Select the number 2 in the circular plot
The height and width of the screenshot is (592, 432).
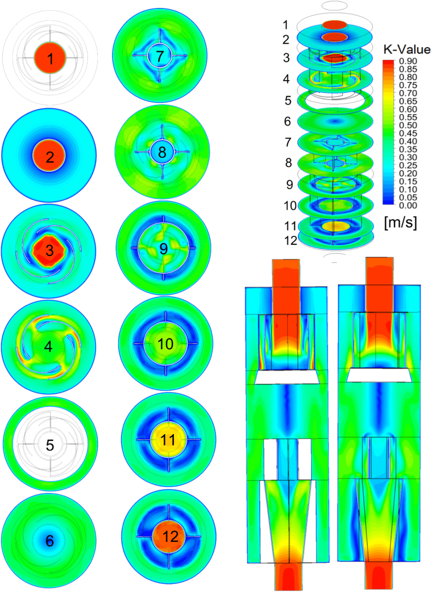coord(50,157)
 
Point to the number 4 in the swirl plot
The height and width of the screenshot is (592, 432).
coord(48,346)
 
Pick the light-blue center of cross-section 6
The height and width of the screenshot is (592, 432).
coord(50,540)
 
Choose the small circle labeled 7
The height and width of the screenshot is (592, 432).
coord(160,56)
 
